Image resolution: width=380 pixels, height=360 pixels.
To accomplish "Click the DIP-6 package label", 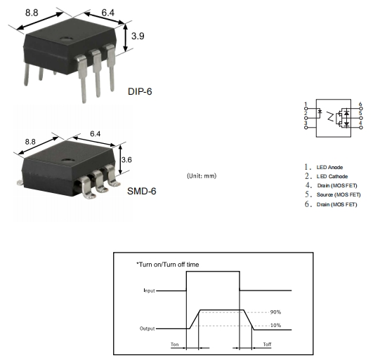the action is point(140,91).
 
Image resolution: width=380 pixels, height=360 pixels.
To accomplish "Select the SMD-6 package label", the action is point(141,192).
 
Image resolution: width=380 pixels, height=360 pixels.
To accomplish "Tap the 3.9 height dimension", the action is point(138,36).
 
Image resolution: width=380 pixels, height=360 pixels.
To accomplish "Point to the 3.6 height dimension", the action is point(126,160).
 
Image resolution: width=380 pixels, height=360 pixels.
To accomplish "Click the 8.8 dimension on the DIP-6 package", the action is point(32,13).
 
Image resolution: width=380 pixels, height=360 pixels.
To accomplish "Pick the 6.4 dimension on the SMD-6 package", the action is point(96,133).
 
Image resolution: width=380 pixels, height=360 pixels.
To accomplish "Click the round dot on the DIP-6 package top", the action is point(67,39).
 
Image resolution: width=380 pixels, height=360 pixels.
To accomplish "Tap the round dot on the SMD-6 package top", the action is point(67,160).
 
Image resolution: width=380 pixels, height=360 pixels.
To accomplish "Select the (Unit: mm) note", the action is point(202,175).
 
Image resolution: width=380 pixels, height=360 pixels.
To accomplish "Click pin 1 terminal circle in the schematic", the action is point(306,109).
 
